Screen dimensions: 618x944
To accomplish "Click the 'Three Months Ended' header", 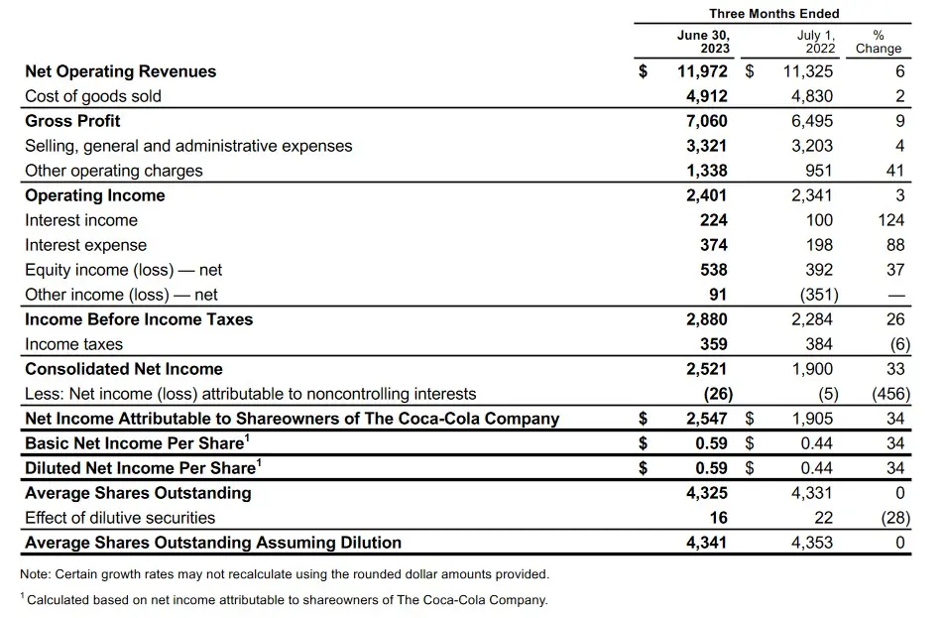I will pyautogui.click(x=773, y=14).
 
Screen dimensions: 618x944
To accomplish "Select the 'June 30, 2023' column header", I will pyautogui.click(x=703, y=42).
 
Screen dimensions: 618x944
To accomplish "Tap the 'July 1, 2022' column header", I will pyautogui.click(x=816, y=42).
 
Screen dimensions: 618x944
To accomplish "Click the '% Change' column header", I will pyautogui.click(x=879, y=42).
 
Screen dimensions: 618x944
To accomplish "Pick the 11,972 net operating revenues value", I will pyautogui.click(x=702, y=71).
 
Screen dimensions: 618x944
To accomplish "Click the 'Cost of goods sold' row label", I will pyautogui.click(x=93, y=96).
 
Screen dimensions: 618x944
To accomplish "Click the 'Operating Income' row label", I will pyautogui.click(x=95, y=195).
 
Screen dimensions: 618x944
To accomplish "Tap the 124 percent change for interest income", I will pyautogui.click(x=891, y=220).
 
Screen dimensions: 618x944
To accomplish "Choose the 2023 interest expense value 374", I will pyautogui.click(x=713, y=245).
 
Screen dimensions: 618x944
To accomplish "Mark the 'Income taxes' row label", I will pyautogui.click(x=74, y=344).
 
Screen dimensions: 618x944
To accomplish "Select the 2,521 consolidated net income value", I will pyautogui.click(x=707, y=369).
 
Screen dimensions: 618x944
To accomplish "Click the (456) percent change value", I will pyautogui.click(x=885, y=394).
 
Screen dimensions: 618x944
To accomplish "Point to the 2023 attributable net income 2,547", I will pyautogui.click(x=707, y=419).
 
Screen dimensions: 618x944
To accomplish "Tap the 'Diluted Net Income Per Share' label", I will pyautogui.click(x=141, y=468).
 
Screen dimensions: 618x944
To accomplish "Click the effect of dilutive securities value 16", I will pyautogui.click(x=718, y=518).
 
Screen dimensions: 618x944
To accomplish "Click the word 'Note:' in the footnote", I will pyautogui.click(x=37, y=574).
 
